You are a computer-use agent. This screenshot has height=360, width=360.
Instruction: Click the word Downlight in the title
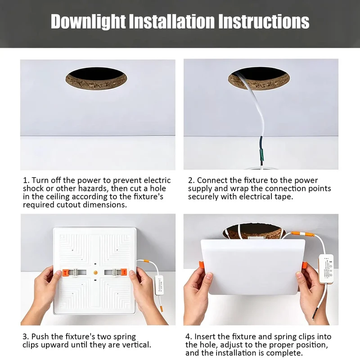88,22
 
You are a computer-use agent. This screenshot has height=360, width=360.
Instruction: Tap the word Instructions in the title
264,22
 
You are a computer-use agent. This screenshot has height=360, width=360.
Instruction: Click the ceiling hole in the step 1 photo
96,78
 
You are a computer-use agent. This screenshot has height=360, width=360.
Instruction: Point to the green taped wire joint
261,154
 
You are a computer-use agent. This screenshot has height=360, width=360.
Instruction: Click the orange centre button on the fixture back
95,273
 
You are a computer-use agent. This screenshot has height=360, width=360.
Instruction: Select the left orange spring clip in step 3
65,273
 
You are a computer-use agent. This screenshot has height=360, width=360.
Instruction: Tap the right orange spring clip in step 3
124,272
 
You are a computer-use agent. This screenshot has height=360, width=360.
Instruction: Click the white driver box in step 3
160,285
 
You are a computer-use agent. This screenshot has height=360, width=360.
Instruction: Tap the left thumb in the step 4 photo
208,277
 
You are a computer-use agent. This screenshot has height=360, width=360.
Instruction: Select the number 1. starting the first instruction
26,180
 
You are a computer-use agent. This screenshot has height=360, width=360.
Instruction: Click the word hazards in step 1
94,189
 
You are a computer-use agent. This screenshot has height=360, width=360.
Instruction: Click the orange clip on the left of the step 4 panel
201,265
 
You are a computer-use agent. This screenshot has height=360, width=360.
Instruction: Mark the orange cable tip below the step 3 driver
162,308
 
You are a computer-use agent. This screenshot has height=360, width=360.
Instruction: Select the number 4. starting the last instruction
189,337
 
